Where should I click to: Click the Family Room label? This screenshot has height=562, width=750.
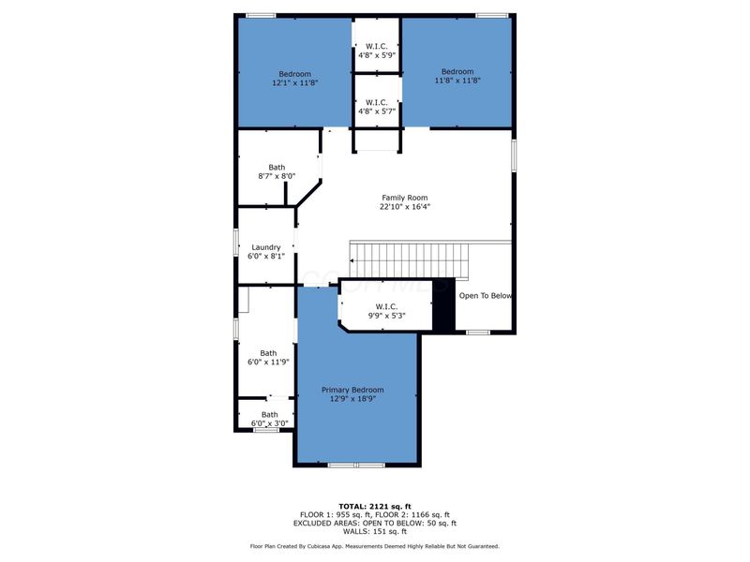404,198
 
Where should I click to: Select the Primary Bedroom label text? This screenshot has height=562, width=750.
352,390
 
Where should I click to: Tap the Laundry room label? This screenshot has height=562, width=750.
265,247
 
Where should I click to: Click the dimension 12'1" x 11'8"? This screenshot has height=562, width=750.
295,82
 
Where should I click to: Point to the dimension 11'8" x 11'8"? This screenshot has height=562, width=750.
457,81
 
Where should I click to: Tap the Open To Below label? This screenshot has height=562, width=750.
485,296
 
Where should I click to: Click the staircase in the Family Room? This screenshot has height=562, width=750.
408,259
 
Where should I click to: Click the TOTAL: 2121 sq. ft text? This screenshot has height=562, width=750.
374,506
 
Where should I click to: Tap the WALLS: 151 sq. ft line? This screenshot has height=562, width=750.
374,531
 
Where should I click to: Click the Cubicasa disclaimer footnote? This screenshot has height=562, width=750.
374,546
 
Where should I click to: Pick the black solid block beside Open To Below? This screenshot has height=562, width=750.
443,305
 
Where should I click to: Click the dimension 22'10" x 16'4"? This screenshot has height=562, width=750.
404,207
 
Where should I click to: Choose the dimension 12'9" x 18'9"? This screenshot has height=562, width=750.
352,399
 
